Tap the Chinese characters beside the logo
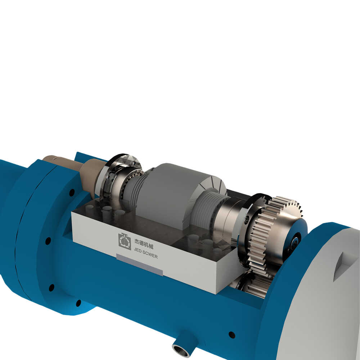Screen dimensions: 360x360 [x=144, y=244]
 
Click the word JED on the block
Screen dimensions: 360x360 [x=138, y=251]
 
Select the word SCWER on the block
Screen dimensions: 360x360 [x=150, y=255]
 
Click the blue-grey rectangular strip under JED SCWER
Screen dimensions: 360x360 [x=139, y=265]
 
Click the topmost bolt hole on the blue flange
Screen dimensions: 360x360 [x=72, y=192]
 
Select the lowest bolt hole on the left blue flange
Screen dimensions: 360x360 [x=78, y=303]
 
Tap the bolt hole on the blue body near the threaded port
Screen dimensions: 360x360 [x=232, y=335]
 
